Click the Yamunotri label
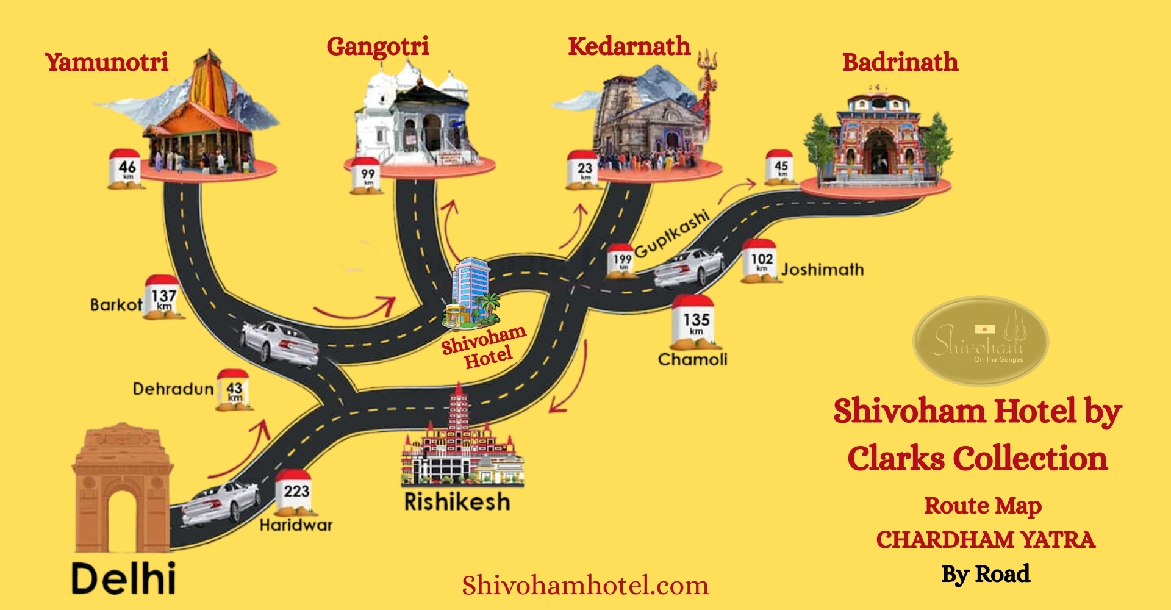point(107,62)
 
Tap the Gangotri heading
point(378,47)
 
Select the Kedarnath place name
point(629,47)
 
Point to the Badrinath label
point(900,62)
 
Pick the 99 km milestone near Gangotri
point(367,176)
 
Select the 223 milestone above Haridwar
point(296,492)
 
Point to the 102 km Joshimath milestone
point(761,260)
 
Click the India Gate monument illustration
point(122,488)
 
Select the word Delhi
point(124,578)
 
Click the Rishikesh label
point(457,502)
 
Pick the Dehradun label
point(173,389)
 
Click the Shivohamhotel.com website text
point(585,586)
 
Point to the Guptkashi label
point(672,234)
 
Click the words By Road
point(986,574)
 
